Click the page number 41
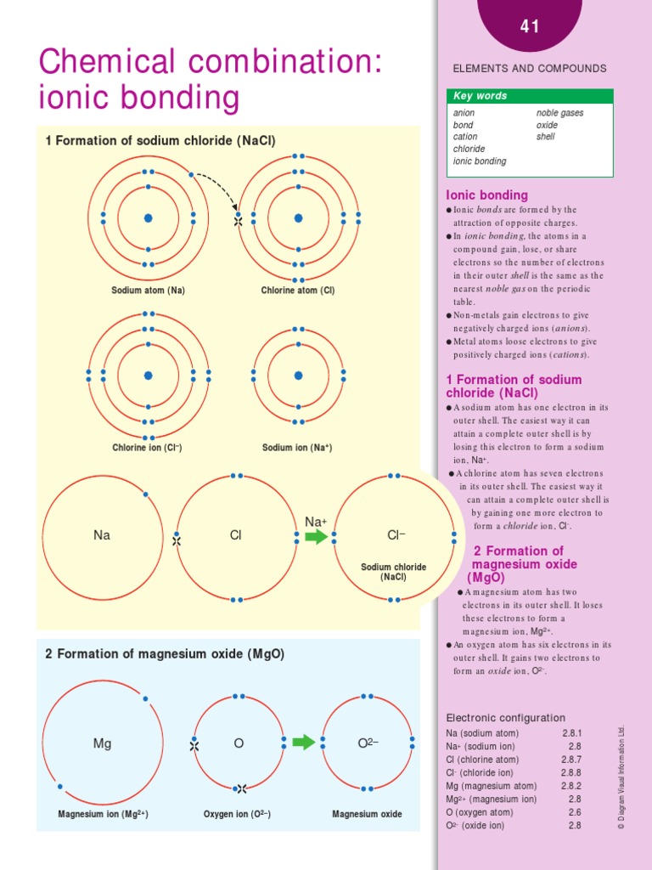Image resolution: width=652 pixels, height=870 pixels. (x=530, y=27)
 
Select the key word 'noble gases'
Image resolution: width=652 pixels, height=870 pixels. (x=559, y=113)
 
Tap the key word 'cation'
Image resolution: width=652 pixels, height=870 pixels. (x=465, y=137)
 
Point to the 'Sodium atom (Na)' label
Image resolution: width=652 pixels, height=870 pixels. (x=149, y=291)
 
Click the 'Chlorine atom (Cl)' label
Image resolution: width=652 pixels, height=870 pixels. (x=298, y=291)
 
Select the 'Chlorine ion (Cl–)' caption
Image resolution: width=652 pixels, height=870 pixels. (x=148, y=448)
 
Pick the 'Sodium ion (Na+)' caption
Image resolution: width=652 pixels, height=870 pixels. (x=297, y=448)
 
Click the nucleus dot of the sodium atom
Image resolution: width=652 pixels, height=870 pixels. (x=148, y=218)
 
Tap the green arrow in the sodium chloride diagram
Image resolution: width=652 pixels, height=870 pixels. (x=317, y=537)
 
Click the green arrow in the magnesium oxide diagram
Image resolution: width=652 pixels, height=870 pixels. (x=303, y=743)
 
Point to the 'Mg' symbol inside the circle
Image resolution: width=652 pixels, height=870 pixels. (x=102, y=743)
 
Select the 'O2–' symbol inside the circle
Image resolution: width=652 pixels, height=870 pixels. (x=368, y=743)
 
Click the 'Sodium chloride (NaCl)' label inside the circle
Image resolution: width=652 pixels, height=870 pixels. (x=394, y=572)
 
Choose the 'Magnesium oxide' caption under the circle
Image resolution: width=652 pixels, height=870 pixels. (x=367, y=814)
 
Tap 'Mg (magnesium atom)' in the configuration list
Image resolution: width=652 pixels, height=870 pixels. (x=492, y=786)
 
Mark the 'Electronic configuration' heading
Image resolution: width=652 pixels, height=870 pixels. (x=506, y=718)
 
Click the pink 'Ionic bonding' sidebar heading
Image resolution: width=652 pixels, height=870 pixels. (x=487, y=195)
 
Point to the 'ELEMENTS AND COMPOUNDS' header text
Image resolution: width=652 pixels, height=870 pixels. (x=530, y=69)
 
